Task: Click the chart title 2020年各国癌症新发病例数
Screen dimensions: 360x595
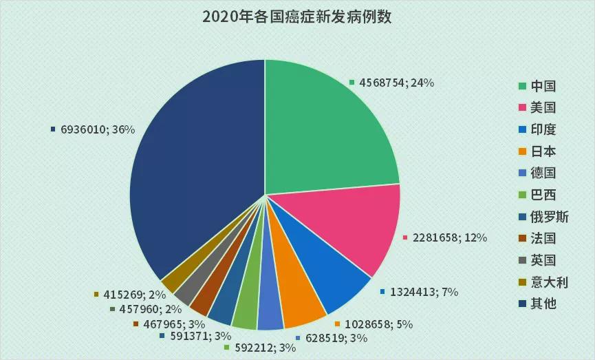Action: pos(296,17)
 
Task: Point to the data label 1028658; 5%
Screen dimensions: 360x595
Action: pos(378,324)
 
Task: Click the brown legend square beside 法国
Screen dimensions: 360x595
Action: pos(523,239)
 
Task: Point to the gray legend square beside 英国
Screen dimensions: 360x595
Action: pos(523,260)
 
